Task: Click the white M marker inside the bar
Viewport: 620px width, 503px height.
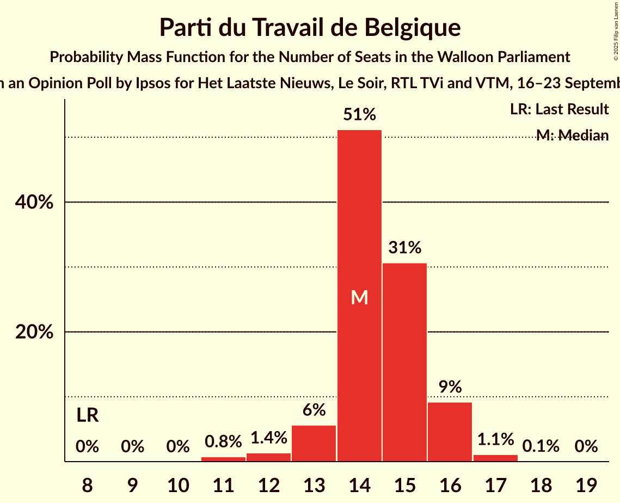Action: click(x=359, y=297)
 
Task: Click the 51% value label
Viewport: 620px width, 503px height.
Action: click(x=359, y=115)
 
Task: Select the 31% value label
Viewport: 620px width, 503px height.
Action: click(x=404, y=248)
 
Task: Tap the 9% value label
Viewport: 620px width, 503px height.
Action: click(x=450, y=387)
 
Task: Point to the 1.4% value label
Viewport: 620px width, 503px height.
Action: click(x=269, y=438)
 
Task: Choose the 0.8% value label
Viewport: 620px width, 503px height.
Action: click(x=223, y=441)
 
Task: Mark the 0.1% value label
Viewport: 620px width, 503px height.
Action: click(x=541, y=446)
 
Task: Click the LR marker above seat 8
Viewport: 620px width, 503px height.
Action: click(x=87, y=416)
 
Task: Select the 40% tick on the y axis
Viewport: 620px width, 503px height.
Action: click(x=34, y=203)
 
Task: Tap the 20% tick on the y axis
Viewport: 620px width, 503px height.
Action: click(x=34, y=332)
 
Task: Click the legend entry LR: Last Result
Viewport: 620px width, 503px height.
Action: click(x=559, y=109)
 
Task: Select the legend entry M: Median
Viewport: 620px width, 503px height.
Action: click(x=572, y=136)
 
